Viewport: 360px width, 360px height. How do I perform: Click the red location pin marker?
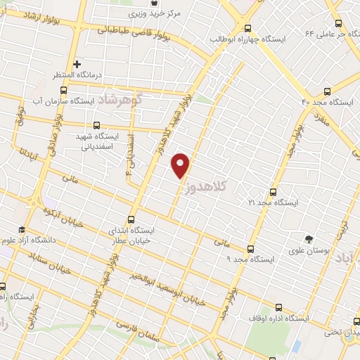point(181,165)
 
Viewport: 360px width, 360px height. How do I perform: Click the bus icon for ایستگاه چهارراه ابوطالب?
point(247,28)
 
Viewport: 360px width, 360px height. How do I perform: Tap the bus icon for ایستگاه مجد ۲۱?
point(273,191)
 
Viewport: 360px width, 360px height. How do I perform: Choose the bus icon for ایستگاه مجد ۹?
point(250,249)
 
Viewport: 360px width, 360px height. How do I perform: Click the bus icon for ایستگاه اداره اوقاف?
point(279,307)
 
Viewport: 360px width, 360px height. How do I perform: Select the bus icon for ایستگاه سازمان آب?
point(64,91)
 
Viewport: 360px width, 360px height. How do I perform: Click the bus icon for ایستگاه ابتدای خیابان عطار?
point(131,219)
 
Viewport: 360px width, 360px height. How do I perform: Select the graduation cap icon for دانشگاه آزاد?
point(22,230)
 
